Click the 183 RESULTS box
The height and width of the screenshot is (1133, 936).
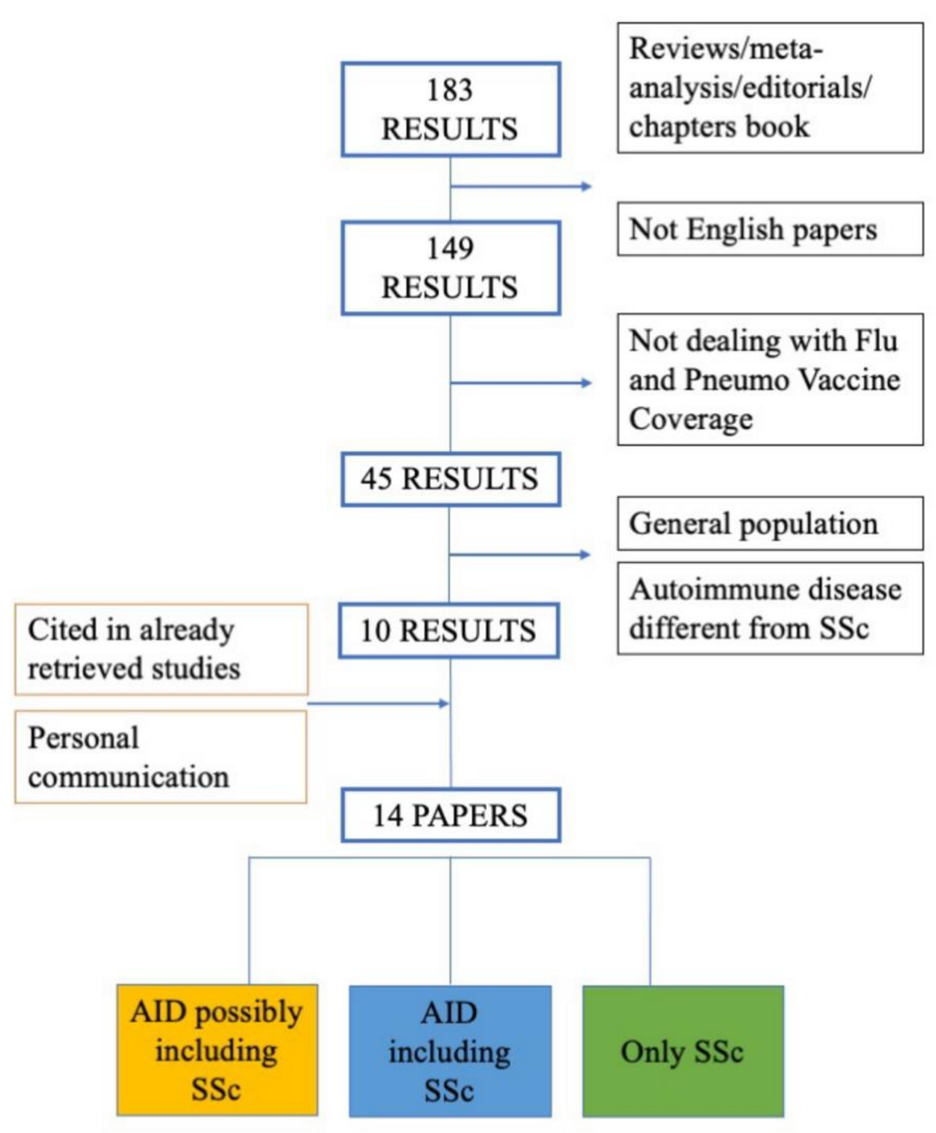(x=450, y=109)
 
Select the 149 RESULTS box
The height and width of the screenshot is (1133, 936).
(x=450, y=268)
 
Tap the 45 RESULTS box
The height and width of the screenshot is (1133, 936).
(x=450, y=479)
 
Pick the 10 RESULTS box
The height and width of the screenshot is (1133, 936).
(x=449, y=631)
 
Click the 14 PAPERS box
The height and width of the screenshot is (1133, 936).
(x=451, y=815)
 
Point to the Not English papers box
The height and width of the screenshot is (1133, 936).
(x=770, y=229)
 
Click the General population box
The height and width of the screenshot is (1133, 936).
(x=770, y=523)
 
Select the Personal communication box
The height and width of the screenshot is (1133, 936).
(x=161, y=757)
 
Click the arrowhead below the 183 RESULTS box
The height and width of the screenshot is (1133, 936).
(x=586, y=187)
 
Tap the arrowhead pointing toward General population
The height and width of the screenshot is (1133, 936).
(x=585, y=555)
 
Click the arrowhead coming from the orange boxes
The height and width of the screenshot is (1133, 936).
(x=444, y=703)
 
